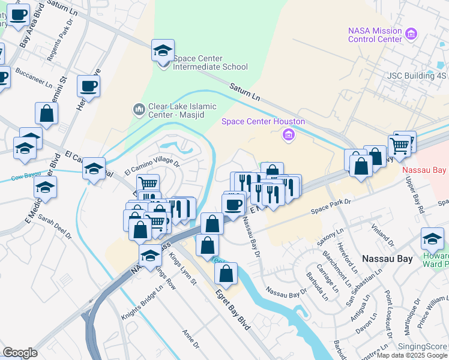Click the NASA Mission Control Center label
(x=375, y=35)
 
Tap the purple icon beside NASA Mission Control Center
(x=411, y=34)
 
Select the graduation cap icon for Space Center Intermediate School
(x=163, y=51)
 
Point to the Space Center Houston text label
(x=263, y=121)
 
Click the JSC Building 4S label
(x=417, y=76)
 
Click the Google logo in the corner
(x=20, y=353)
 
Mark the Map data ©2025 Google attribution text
(x=412, y=355)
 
